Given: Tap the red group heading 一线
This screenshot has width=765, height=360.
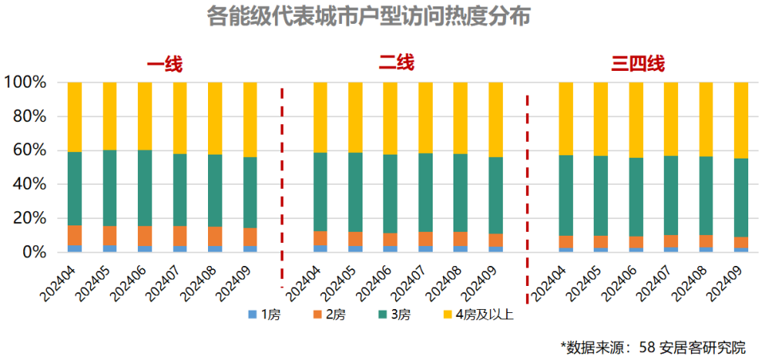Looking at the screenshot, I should click(164, 65).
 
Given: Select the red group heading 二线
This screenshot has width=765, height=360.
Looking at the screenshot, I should click(396, 63).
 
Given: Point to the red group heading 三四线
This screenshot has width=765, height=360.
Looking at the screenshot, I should click(637, 65).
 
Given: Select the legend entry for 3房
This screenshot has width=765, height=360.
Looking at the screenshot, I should click(400, 315).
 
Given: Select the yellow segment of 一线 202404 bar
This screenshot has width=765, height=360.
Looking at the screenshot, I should click(75, 116).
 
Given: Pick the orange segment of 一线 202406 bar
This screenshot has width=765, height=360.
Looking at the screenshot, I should click(145, 236).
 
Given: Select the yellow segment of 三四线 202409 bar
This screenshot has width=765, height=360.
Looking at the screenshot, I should click(741, 119).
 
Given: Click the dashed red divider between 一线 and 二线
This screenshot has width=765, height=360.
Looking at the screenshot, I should click(281, 183).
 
